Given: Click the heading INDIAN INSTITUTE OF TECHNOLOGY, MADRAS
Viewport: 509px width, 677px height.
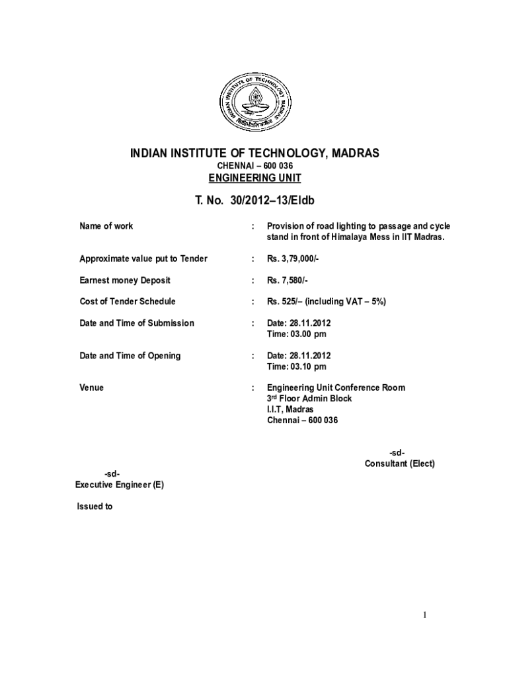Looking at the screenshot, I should pyautogui.click(x=255, y=153).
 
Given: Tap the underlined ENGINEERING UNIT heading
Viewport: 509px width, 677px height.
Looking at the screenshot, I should pyautogui.click(x=255, y=178).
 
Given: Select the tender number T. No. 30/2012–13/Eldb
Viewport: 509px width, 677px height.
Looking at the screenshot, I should pyautogui.click(x=255, y=200).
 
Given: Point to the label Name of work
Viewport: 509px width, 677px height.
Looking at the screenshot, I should pyautogui.click(x=106, y=226).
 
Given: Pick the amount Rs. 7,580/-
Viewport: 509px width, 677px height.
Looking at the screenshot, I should pyautogui.click(x=288, y=280).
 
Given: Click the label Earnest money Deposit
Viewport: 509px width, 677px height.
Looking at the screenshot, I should pyautogui.click(x=125, y=280).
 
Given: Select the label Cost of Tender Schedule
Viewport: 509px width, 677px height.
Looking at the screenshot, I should pyautogui.click(x=128, y=301).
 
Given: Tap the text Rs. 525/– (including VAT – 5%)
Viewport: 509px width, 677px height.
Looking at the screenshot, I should pyautogui.click(x=326, y=301).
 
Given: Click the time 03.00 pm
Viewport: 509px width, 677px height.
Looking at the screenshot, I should pyautogui.click(x=296, y=334).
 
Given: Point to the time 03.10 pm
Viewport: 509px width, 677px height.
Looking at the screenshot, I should pyautogui.click(x=296, y=366).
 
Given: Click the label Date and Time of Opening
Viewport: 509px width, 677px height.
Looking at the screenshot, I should pyautogui.click(x=130, y=356).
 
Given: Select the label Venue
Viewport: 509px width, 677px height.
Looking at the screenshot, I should pyautogui.click(x=91, y=387).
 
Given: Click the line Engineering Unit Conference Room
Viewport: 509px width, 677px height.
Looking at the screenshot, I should pyautogui.click(x=336, y=387).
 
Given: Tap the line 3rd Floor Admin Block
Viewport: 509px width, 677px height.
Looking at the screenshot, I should pyautogui.click(x=309, y=399).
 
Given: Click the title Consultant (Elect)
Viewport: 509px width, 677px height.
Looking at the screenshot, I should pyautogui.click(x=399, y=463).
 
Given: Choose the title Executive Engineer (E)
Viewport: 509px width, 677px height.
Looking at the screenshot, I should pyautogui.click(x=119, y=485).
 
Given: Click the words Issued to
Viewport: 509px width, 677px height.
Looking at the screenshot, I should pyautogui.click(x=95, y=507).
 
